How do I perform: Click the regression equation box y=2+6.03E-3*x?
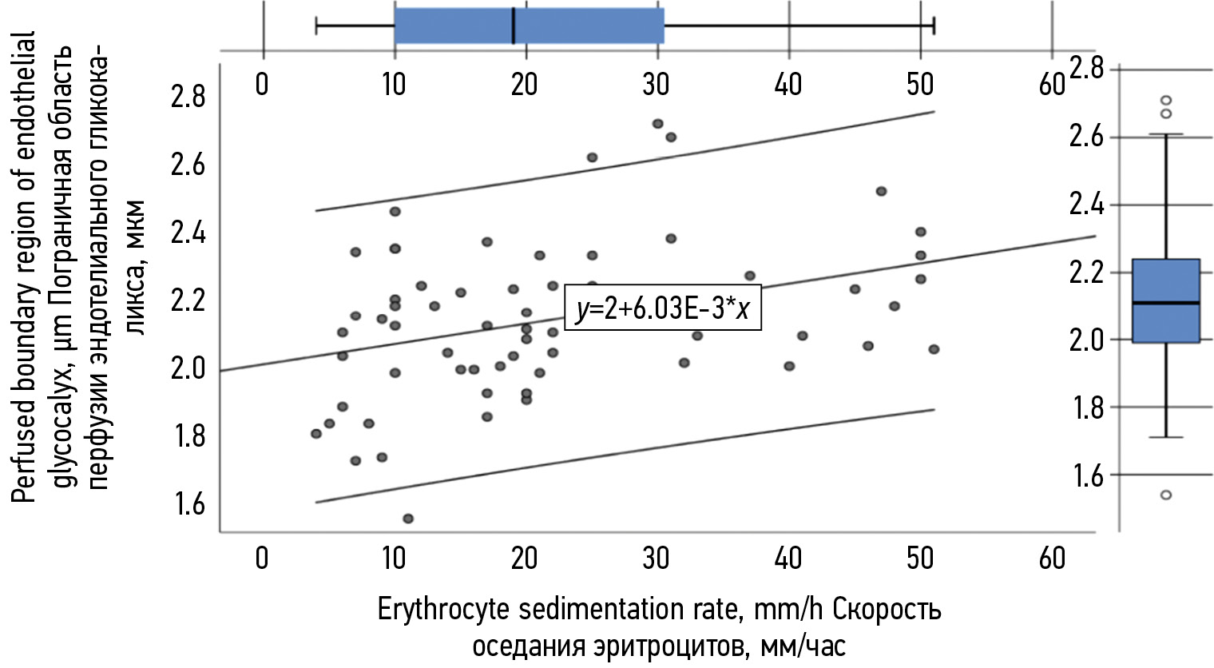[x=663, y=308]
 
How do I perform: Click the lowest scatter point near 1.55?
[x=408, y=519]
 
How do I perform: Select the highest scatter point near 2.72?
[x=657, y=124]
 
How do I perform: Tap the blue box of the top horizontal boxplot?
[x=529, y=26]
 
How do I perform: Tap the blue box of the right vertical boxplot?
[x=1166, y=300]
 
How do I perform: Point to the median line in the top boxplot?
[x=513, y=26]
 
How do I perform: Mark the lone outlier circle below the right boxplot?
[x=1166, y=495]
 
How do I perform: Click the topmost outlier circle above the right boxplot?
[x=1166, y=101]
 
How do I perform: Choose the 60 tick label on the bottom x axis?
[x=1052, y=558]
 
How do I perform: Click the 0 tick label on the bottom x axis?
[x=262, y=558]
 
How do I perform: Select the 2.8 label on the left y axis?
[x=188, y=97]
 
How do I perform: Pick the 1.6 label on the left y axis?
[x=188, y=504]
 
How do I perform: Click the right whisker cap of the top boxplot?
[x=934, y=26]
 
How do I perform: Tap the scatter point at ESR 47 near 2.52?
[x=881, y=192]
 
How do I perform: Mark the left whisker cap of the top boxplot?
[x=316, y=26]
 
